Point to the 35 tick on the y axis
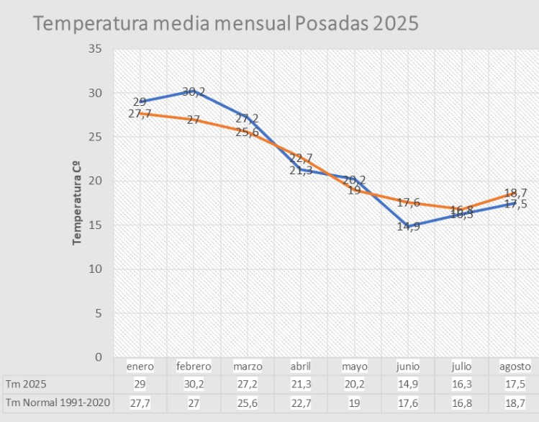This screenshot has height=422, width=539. (x=95, y=49)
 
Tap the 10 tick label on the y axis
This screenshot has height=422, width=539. (x=95, y=269)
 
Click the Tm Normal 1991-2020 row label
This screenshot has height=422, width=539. (x=58, y=403)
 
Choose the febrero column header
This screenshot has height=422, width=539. (x=194, y=367)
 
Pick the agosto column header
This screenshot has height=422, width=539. (x=515, y=367)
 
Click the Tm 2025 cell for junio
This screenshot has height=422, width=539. (x=407, y=385)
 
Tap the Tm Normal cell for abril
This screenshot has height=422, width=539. (x=301, y=403)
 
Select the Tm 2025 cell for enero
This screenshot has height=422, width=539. (x=140, y=385)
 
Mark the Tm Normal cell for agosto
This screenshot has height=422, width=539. (x=515, y=403)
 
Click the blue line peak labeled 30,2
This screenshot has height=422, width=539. (x=194, y=91)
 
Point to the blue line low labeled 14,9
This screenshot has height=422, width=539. (x=407, y=228)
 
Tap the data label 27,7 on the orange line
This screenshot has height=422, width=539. (x=140, y=114)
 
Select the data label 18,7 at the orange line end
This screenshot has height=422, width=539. (x=515, y=193)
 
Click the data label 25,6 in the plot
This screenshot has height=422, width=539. (x=248, y=132)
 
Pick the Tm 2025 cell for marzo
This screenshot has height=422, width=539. (x=248, y=385)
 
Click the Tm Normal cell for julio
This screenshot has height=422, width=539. (x=461, y=403)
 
